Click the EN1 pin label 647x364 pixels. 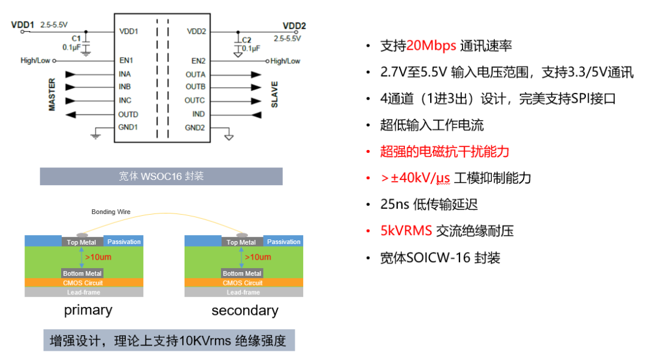point(126,61)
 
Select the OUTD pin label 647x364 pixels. point(128,114)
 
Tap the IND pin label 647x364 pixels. point(198,114)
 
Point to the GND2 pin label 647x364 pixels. point(195,127)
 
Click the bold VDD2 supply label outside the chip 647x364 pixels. point(294,26)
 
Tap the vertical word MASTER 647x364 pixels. point(52,94)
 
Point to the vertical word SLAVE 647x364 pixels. point(275,94)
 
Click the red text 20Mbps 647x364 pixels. point(431,46)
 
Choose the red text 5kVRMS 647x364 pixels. point(406,231)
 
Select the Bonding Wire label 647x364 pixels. point(111,212)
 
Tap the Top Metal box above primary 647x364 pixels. point(81,242)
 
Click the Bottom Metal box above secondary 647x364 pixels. point(243,273)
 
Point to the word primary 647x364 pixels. point(88,310)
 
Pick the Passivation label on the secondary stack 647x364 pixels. point(283,242)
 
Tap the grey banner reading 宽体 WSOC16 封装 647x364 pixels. point(161,176)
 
